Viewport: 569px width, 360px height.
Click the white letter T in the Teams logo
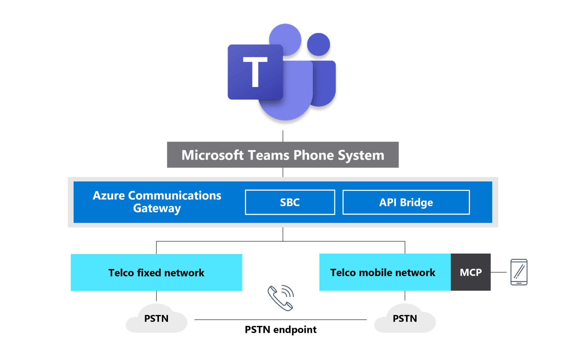[x=255, y=72]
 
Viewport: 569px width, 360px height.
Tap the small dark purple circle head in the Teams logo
[x=319, y=44]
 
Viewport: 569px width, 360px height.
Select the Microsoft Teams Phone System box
[x=282, y=155]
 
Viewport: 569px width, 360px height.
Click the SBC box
[x=290, y=202]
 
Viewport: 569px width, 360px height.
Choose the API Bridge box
[x=406, y=202]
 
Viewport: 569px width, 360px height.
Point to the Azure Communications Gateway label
[x=157, y=201]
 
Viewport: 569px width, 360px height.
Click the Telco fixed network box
[x=156, y=272]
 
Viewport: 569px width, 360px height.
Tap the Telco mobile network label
[x=383, y=272]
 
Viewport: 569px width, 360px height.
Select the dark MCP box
[x=471, y=272]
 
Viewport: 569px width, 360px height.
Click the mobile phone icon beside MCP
[x=519, y=272]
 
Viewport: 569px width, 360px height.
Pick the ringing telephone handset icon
[x=280, y=298]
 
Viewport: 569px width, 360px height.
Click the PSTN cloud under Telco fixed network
[x=156, y=319]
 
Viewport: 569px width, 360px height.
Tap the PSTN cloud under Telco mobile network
[x=405, y=319]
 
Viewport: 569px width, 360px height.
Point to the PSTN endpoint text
[x=280, y=330]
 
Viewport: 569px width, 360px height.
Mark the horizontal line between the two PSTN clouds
[x=239, y=320]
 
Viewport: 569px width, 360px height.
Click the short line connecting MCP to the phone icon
[x=499, y=272]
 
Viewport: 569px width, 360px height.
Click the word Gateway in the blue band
[x=157, y=208]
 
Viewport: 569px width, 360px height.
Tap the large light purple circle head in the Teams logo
[x=285, y=39]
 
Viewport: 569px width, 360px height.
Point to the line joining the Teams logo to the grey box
[x=283, y=136]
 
